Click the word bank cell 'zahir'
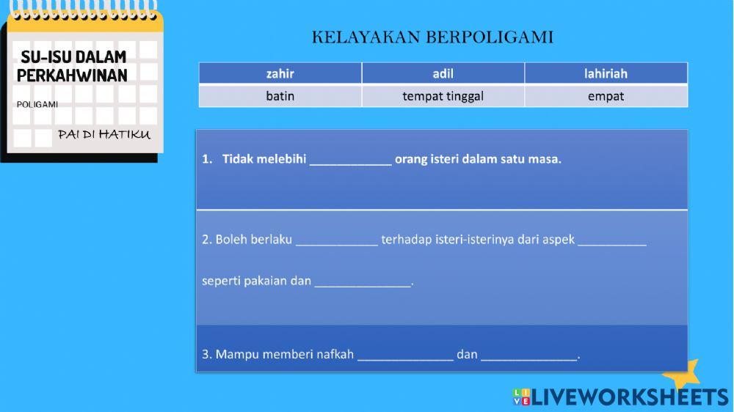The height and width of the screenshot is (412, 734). click(280, 73)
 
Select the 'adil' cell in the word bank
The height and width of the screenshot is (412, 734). click(443, 73)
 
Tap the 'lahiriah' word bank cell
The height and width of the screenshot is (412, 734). click(606, 73)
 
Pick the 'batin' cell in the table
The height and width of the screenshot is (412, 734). click(280, 96)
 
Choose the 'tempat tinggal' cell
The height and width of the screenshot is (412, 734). click(443, 96)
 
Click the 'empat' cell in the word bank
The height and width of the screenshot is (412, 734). click(606, 96)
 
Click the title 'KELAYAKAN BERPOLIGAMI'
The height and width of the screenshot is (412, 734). click(432, 37)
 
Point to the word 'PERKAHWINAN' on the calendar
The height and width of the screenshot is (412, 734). click(72, 76)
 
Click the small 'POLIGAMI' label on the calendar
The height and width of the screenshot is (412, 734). click(37, 104)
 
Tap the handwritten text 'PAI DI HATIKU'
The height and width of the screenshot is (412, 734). click(104, 134)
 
